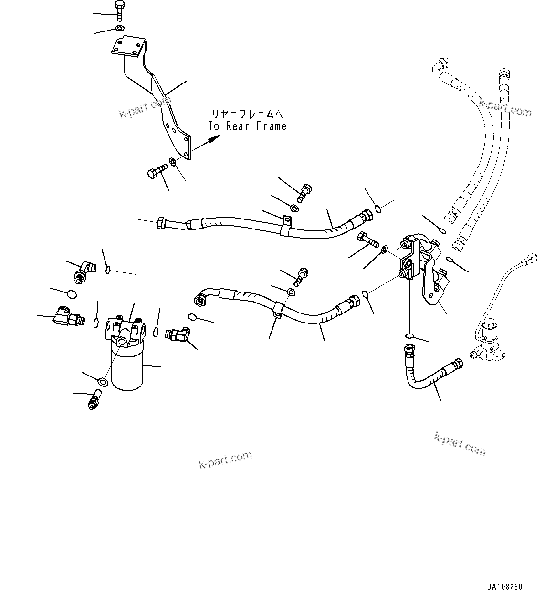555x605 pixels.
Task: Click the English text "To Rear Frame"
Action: tap(247, 126)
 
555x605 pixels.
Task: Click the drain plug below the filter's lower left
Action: tap(94, 400)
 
